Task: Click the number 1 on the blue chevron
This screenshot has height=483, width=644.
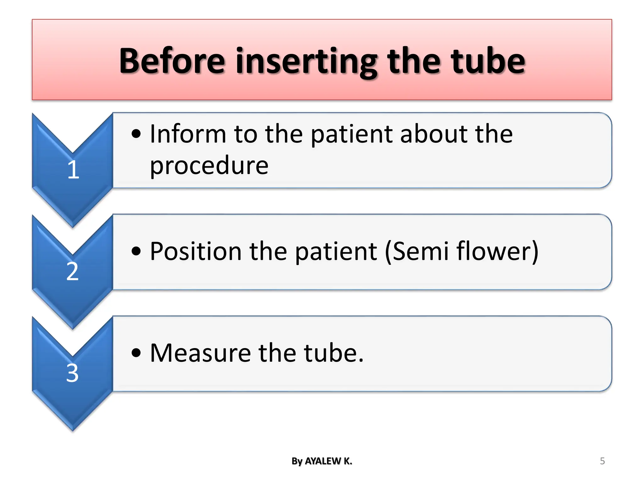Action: [x=73, y=170]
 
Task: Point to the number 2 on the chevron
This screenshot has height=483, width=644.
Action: [x=72, y=271]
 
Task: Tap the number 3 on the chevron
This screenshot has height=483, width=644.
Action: [x=72, y=373]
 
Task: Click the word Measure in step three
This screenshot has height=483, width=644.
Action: [x=200, y=353]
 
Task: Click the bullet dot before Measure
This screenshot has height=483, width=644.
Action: [x=136, y=353]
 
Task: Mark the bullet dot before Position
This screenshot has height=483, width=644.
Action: [x=136, y=251]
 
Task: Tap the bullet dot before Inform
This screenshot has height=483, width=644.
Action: [x=136, y=134]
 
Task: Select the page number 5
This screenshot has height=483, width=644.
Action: [x=602, y=461]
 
